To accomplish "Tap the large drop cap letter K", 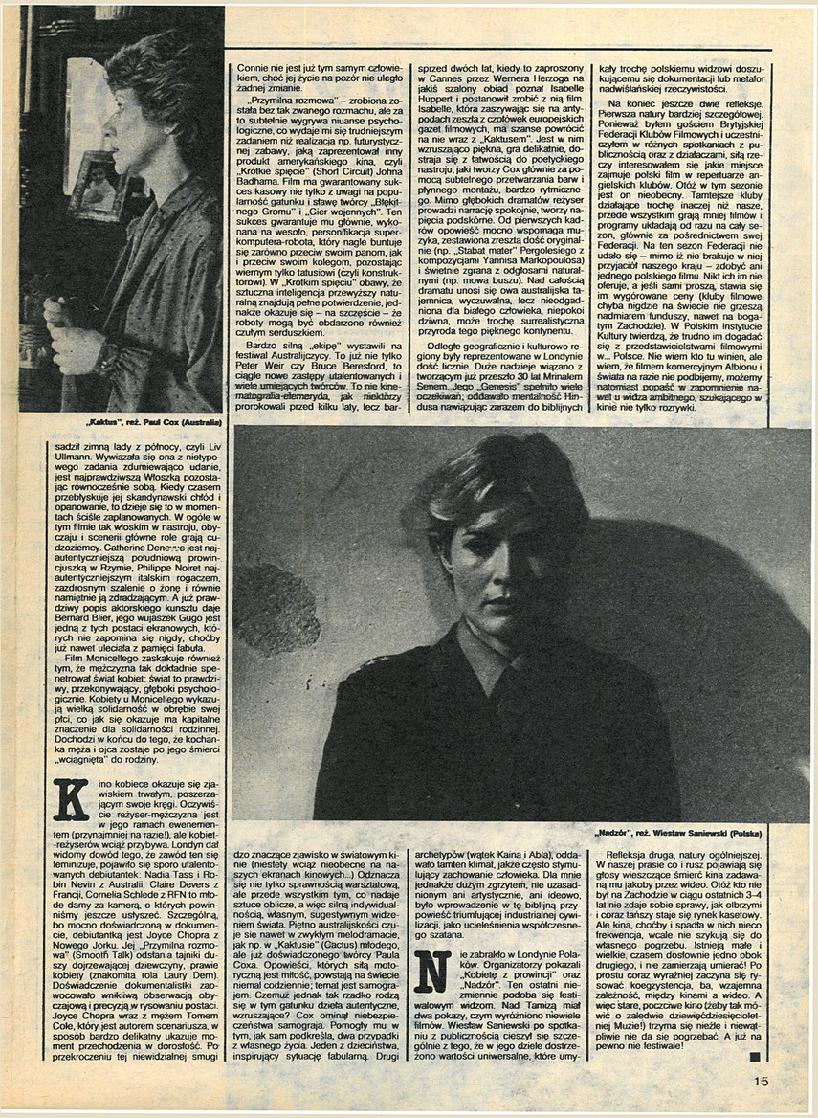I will click(70, 799).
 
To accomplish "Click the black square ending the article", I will click(755, 1057).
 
